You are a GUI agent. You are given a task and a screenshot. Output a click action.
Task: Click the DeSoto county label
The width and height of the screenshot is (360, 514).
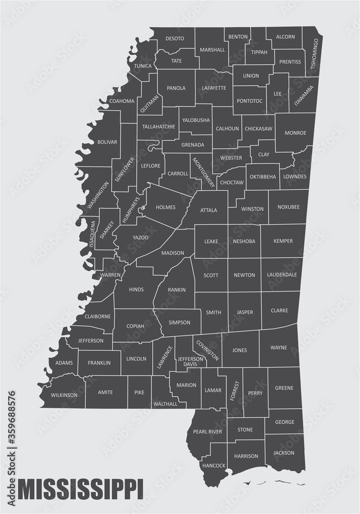point(175,38)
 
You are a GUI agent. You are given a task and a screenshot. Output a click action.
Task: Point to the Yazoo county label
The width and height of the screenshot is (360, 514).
point(140,237)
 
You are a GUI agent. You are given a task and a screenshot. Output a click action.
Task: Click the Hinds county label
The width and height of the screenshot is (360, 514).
point(136,289)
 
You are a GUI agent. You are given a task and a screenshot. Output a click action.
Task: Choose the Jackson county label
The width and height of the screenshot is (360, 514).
point(284,453)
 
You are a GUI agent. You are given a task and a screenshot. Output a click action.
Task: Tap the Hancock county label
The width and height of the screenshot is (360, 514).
point(214,466)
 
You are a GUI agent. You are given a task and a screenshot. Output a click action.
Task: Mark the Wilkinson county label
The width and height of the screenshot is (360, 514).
point(64,395)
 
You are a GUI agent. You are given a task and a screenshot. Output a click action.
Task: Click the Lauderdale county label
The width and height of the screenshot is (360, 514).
point(282,274)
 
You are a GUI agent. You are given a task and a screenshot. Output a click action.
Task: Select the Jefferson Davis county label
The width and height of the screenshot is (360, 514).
point(190,361)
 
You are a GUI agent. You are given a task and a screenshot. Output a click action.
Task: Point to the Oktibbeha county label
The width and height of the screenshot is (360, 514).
point(263,176)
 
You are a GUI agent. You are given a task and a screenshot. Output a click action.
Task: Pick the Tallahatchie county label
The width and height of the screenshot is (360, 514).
point(157,126)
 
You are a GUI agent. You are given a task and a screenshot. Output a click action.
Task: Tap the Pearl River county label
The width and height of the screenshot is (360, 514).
point(207,432)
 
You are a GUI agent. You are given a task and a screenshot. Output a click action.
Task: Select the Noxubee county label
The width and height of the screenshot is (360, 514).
point(288,209)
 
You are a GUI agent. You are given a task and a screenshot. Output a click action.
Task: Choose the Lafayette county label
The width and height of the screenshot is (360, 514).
point(214,88)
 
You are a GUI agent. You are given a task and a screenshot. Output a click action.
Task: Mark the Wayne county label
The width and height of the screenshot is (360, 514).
point(278,347)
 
